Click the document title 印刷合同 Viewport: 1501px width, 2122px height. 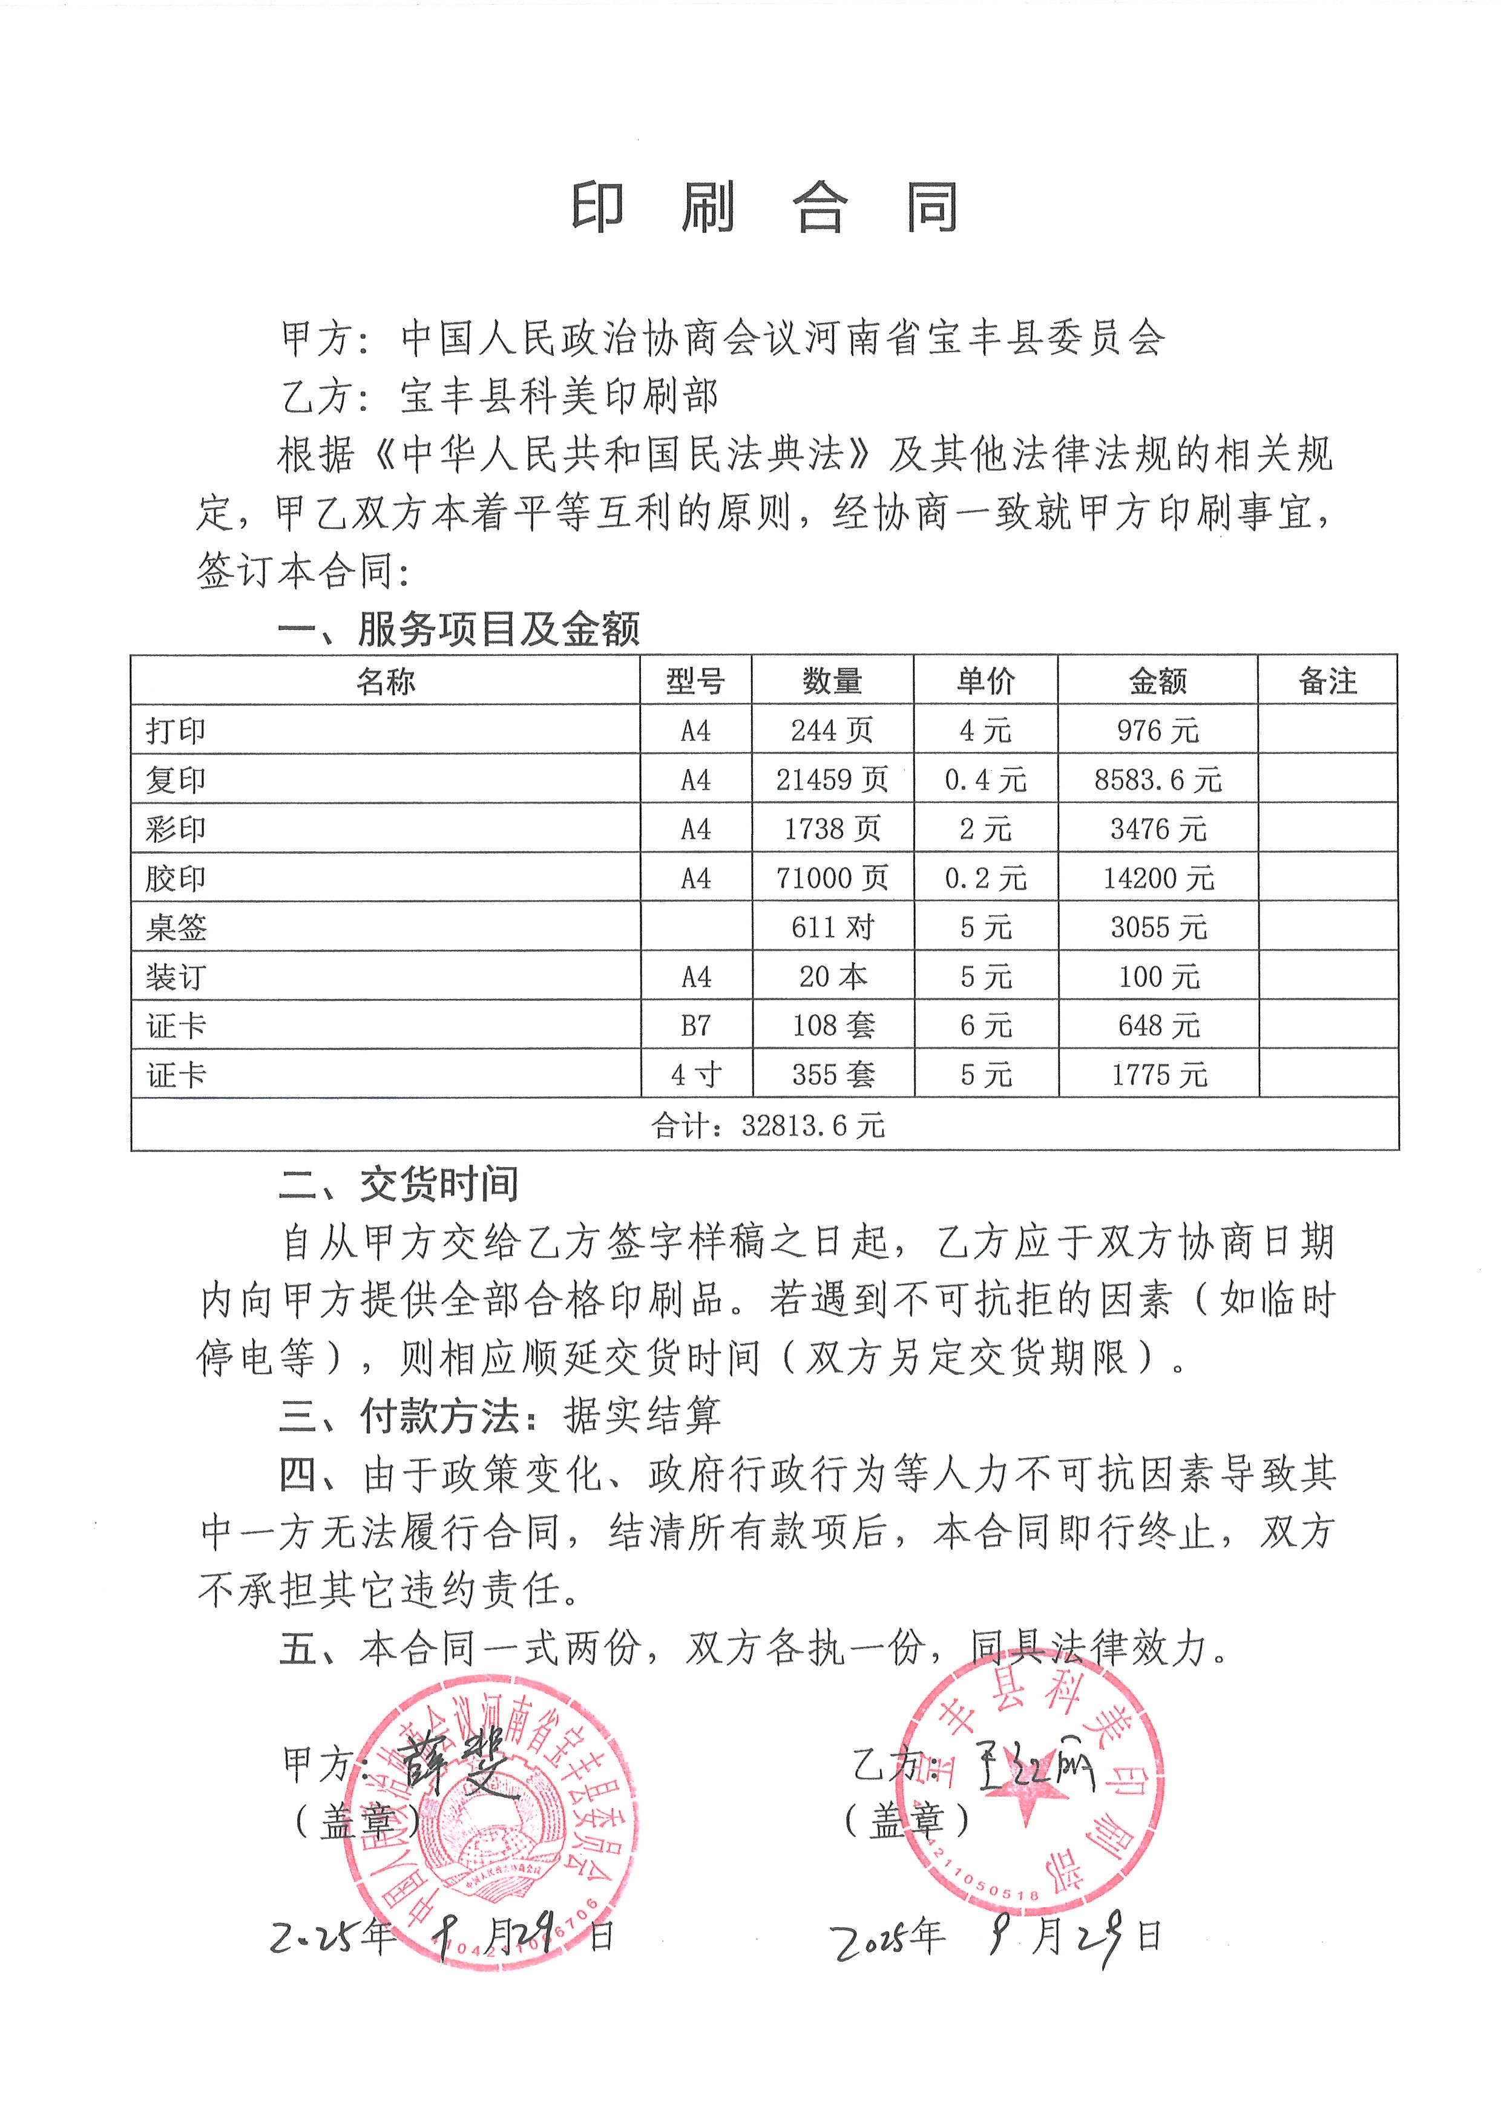[765, 209]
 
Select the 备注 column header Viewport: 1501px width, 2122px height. [1327, 681]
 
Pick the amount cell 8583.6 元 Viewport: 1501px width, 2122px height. [1157, 780]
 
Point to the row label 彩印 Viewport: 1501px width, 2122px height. [176, 829]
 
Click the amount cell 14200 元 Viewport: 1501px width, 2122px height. [1158, 878]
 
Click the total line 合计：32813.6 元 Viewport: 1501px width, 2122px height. [767, 1125]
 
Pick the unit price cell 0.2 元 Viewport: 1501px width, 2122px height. [985, 878]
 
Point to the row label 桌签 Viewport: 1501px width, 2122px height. [176, 927]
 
